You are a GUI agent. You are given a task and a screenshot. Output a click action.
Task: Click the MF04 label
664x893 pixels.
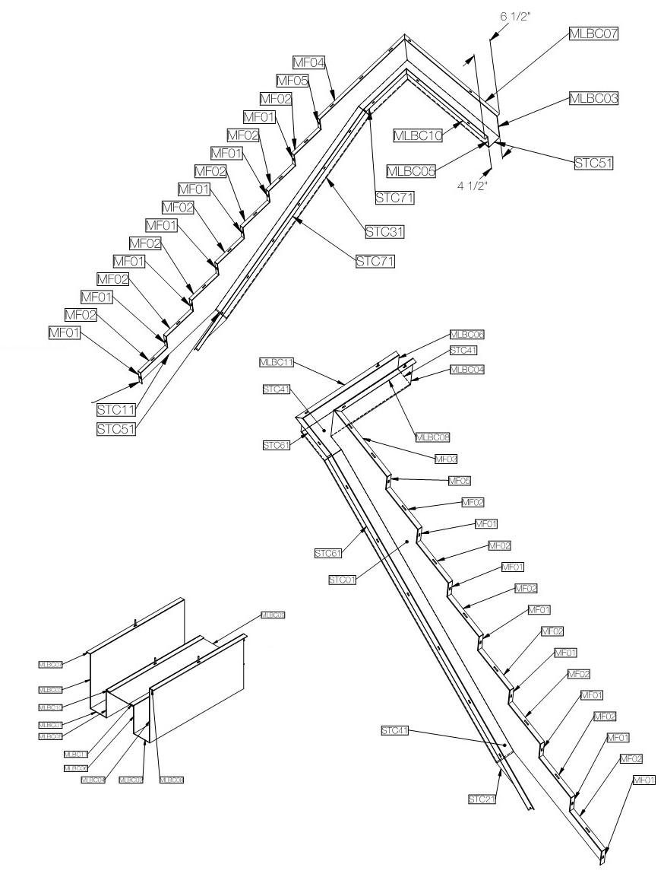(x=308, y=62)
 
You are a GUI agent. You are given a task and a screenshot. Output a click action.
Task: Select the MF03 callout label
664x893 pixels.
(x=445, y=459)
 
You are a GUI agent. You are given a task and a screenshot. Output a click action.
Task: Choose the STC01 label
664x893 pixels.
(x=342, y=580)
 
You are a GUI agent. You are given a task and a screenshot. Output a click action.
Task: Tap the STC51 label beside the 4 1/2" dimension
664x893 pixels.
(x=593, y=162)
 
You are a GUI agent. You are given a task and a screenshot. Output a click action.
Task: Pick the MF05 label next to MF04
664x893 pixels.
(x=292, y=80)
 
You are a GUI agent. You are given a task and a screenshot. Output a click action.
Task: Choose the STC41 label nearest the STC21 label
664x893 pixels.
(x=395, y=730)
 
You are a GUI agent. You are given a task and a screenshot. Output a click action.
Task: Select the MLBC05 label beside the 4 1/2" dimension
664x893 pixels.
(x=411, y=171)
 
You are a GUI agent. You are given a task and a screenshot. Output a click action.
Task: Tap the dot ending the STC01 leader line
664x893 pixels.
(x=408, y=542)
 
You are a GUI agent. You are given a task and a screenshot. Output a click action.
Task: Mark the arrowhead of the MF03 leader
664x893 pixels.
(x=363, y=438)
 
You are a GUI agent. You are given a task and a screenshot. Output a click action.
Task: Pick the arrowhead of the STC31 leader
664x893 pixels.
(x=325, y=178)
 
